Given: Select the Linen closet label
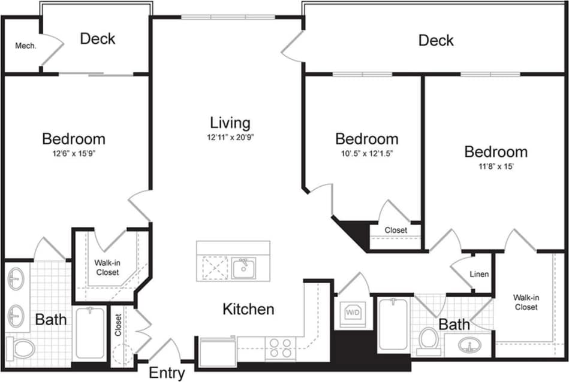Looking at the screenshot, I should (479, 275).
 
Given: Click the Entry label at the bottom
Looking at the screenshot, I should (167, 373).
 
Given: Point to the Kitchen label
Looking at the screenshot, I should (248, 310).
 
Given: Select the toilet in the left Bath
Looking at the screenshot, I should (20, 347).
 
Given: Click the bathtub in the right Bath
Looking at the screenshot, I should (393, 326).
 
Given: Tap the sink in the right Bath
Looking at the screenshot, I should (471, 345).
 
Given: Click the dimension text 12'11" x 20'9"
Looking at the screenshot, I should (230, 138).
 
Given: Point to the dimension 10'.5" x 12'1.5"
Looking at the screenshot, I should (366, 153).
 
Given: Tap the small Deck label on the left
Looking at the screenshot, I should (97, 39).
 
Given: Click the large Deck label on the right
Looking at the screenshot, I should (436, 41).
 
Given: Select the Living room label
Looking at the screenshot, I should (230, 123).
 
